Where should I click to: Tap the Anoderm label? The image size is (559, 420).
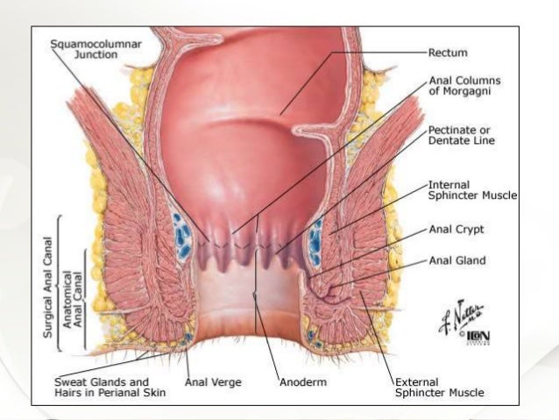[301, 382]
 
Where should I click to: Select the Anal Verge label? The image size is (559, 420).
[213, 381]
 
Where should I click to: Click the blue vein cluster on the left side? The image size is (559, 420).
[182, 234]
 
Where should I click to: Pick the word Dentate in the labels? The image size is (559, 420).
[451, 140]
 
